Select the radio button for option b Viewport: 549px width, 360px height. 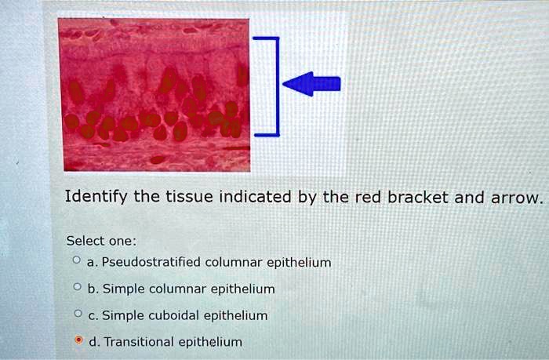click(x=76, y=289)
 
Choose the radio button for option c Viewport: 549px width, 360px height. click(x=76, y=315)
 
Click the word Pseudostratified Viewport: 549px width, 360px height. click(x=151, y=262)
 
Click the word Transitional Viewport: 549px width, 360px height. click(x=140, y=342)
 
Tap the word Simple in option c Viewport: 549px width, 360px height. click(x=122, y=315)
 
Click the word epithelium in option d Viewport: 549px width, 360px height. click(x=210, y=342)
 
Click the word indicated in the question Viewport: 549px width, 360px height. click(x=246, y=196)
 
